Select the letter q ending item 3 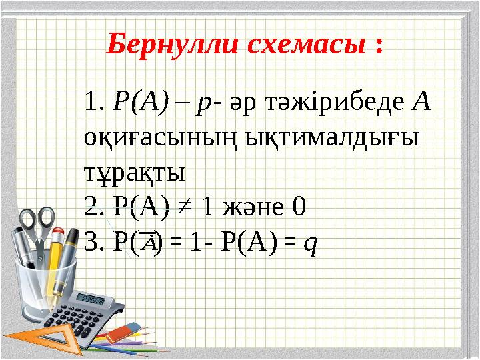tap(310, 243)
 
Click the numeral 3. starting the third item tap(93, 243)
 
